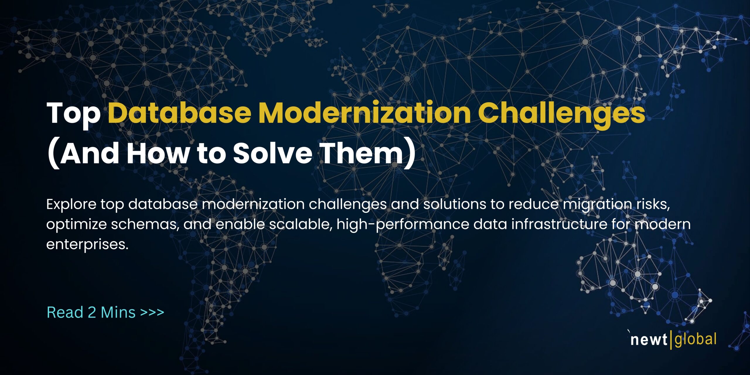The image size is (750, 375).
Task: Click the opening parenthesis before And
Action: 53,155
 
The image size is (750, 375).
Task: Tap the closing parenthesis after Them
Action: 410,155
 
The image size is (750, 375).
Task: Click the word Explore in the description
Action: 71,204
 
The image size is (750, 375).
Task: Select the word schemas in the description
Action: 145,224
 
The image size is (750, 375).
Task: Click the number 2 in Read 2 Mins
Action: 92,312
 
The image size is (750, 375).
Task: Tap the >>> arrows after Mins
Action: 152,312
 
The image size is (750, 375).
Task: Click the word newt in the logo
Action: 649,340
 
